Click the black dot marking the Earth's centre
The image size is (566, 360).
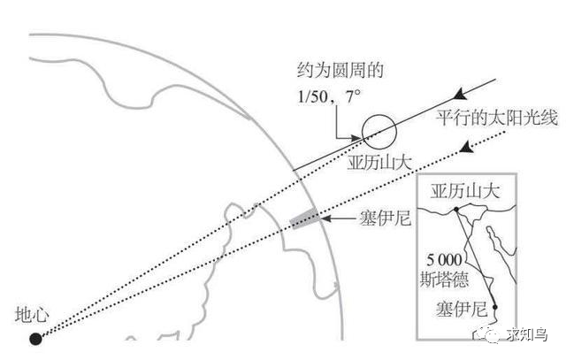(35, 337)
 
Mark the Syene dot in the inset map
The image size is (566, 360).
(496, 307)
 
